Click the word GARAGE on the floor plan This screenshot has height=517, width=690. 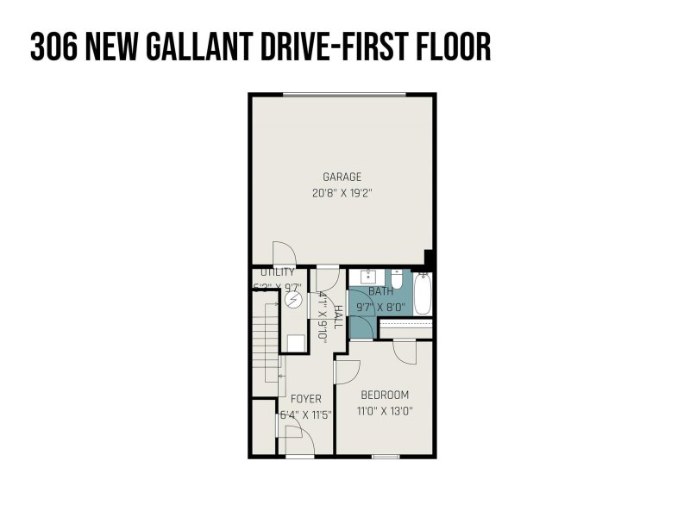coord(342,177)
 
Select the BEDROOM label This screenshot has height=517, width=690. coord(385,396)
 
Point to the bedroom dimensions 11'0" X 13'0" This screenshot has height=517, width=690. coord(385,411)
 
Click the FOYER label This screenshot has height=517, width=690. coord(305,399)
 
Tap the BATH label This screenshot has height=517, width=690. coord(380,292)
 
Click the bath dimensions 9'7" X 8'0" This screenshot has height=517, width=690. coord(380,305)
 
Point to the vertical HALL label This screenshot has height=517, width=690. coord(337,316)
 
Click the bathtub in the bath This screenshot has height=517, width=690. coord(423,293)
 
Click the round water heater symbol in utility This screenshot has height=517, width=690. coord(295,300)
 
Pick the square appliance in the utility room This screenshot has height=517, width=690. coord(295,341)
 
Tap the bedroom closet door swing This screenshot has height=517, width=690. coord(405,350)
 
